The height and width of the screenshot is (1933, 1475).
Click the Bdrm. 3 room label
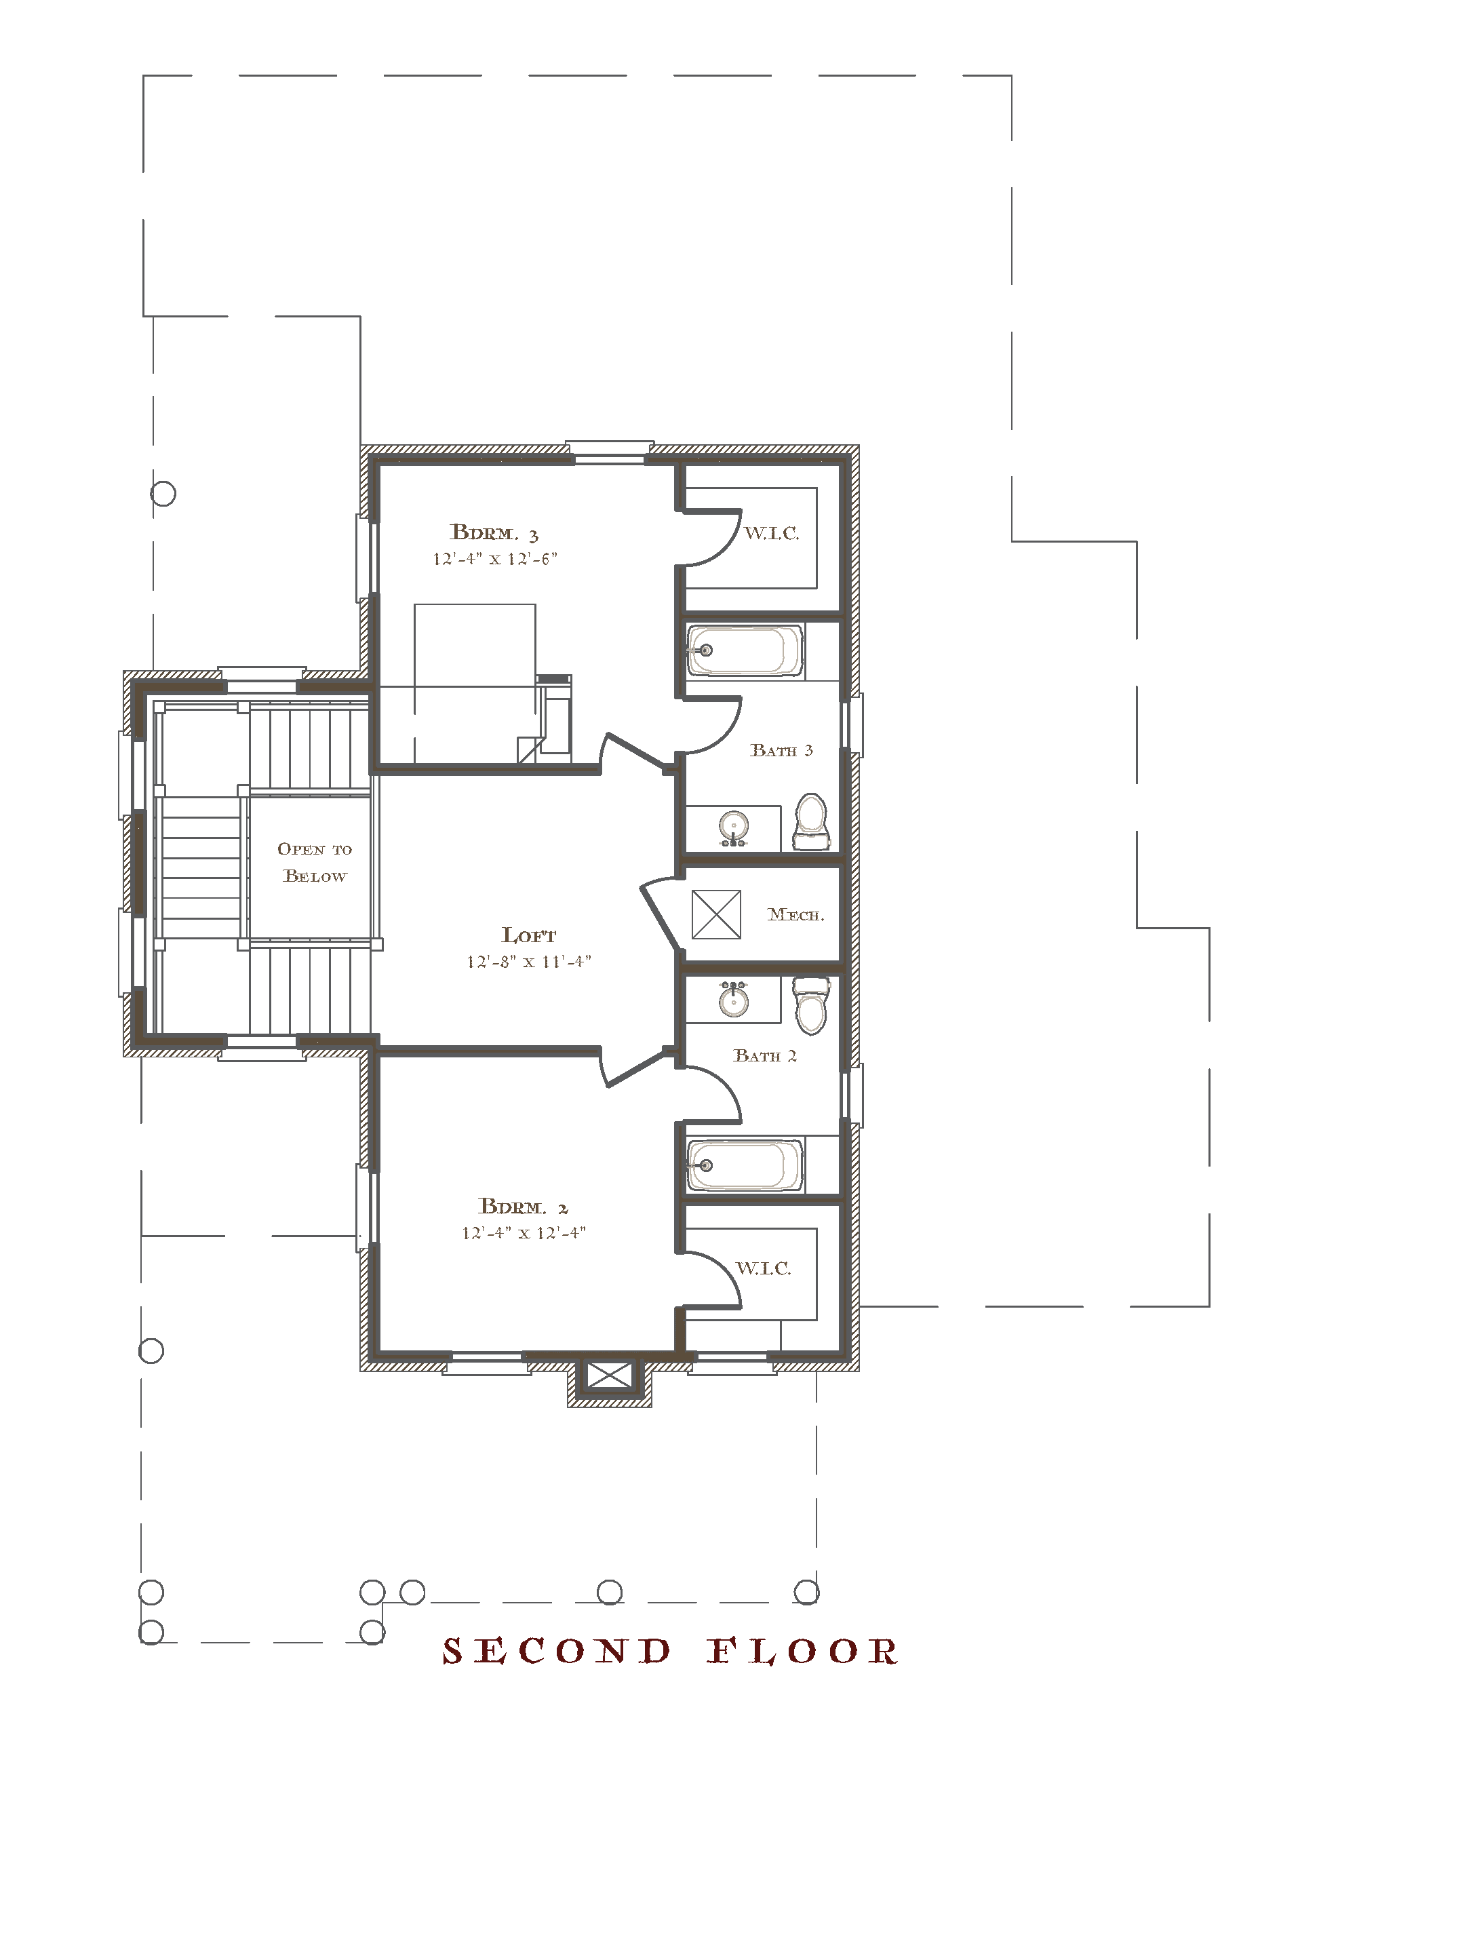tap(494, 533)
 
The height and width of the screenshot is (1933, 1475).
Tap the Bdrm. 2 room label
tap(524, 1207)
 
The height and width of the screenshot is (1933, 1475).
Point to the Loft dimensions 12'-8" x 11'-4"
tap(528, 962)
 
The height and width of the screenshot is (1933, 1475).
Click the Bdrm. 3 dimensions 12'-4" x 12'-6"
tap(495, 559)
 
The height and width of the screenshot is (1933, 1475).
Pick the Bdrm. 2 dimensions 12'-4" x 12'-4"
tap(524, 1232)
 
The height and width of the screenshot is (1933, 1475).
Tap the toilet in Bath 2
tap(811, 1006)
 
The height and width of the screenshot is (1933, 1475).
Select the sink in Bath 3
tap(733, 828)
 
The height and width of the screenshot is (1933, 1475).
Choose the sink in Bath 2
tap(733, 999)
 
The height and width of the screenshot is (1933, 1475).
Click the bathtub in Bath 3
tap(745, 650)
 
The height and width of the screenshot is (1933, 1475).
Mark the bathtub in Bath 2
tap(745, 1166)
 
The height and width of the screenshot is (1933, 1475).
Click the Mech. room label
tap(796, 915)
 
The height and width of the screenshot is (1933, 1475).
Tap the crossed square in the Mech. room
tap(716, 915)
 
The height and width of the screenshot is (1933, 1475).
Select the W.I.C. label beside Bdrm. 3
tap(772, 533)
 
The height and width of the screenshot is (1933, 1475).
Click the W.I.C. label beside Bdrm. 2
tap(763, 1268)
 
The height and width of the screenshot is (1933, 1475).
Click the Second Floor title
tap(670, 1652)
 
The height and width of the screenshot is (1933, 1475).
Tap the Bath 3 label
tap(781, 751)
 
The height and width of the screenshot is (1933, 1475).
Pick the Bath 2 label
tap(765, 1056)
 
